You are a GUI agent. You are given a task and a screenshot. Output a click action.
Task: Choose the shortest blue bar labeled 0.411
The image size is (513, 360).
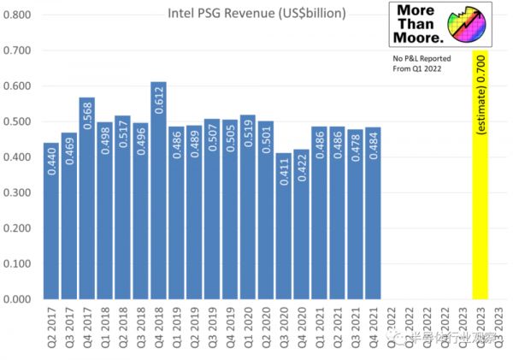(283, 226)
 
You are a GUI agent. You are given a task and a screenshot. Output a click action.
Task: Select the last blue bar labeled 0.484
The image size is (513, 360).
(372, 213)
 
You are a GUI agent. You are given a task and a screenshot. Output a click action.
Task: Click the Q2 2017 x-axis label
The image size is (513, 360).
(52, 329)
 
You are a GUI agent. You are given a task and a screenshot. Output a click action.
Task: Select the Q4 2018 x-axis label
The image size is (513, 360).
(159, 329)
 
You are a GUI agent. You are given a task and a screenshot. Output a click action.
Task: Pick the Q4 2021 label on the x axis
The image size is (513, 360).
(373, 329)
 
